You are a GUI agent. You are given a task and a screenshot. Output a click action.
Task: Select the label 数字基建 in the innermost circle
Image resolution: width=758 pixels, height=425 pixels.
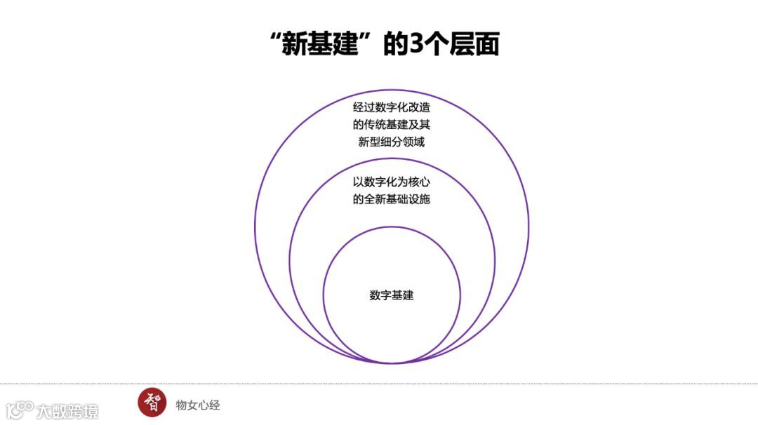point(392,295)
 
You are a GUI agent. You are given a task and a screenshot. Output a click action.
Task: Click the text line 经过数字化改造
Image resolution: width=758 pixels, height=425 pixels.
point(392,109)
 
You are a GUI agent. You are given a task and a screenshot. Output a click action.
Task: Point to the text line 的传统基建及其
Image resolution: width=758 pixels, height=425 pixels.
point(392,126)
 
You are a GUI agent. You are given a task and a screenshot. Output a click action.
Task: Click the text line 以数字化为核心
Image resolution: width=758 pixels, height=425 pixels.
point(392,182)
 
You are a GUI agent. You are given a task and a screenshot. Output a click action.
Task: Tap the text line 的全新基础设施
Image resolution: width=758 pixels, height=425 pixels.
point(392,199)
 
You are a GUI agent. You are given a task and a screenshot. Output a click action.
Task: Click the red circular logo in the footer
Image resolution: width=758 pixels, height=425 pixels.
point(152,403)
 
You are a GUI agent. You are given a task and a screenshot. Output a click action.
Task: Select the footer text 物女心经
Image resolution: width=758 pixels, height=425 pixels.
point(198,405)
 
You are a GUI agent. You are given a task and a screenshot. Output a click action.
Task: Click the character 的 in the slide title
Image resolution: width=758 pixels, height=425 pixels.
point(396,44)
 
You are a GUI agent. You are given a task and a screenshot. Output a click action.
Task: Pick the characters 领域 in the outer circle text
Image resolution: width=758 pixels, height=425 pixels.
point(413,142)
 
